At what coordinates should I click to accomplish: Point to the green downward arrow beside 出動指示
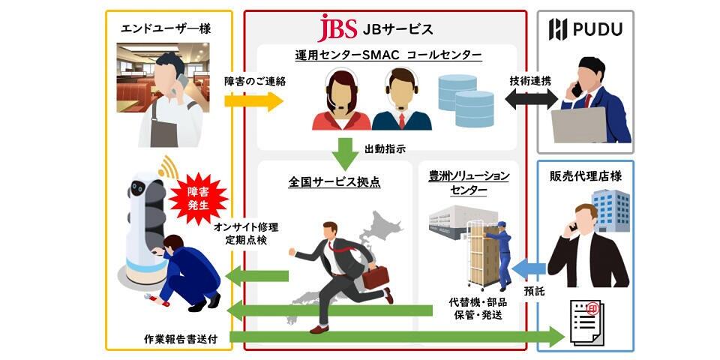click(347, 152)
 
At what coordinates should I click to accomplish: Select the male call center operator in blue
click(402, 100)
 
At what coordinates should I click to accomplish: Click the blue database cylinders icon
click(465, 97)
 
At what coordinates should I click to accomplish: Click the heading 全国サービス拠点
click(334, 182)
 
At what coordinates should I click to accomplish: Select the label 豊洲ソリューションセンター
click(469, 182)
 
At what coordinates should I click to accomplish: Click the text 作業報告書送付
click(181, 338)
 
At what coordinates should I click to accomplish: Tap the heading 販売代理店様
click(586, 176)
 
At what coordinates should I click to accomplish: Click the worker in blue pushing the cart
click(502, 247)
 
